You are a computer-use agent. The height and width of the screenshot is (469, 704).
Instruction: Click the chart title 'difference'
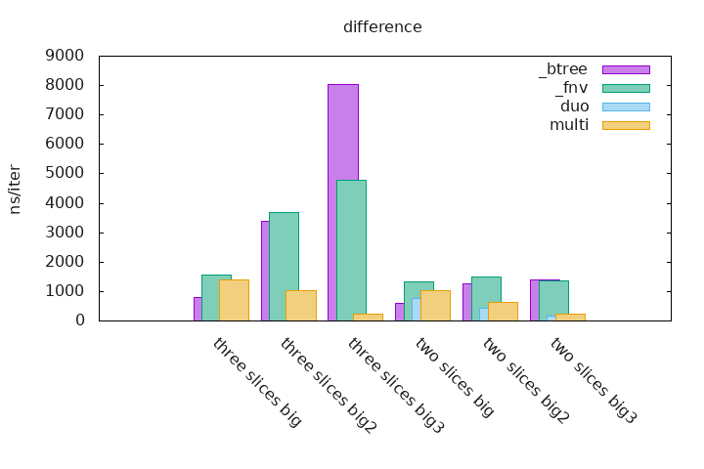382,27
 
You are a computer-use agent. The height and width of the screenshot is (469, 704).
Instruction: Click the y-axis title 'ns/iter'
15,189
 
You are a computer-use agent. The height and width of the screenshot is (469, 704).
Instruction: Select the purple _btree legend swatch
626,69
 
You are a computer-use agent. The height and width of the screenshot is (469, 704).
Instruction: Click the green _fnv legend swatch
626,88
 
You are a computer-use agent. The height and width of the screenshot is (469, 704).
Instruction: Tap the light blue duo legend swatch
626,107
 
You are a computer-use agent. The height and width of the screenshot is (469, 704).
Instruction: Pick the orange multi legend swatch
626,125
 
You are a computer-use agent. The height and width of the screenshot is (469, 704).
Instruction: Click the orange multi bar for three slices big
234,300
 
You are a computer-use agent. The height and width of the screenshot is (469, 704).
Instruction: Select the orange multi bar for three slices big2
300,305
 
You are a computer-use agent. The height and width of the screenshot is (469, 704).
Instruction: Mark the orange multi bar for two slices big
435,305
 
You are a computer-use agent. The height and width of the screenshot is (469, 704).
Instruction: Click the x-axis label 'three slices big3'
396,386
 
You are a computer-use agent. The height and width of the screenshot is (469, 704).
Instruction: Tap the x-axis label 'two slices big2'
526,380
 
